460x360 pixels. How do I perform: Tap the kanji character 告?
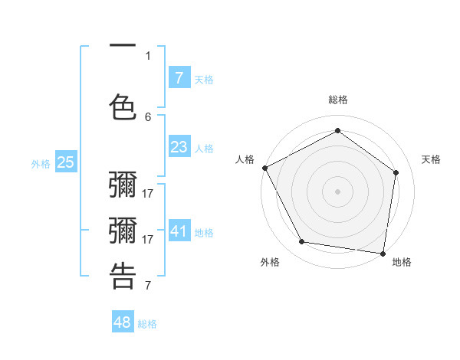[123, 275]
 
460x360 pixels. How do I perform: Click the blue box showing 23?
[179, 146]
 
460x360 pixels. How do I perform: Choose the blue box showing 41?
[179, 231]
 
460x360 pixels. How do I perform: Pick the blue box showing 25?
[65, 162]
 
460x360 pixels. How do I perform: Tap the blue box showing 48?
[123, 322]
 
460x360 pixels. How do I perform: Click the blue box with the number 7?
[179, 77]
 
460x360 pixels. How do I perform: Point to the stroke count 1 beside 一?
[148, 55]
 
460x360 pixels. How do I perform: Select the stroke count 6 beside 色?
[148, 116]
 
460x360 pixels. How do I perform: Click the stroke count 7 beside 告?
[148, 286]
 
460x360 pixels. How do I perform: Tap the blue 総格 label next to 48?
[147, 324]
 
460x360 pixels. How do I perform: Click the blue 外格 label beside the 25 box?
[41, 163]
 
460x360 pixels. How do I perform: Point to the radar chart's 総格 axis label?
[337, 100]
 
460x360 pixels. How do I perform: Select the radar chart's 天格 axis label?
[431, 159]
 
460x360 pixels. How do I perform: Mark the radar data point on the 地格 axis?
[383, 253]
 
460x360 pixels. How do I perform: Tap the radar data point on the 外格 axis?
[302, 242]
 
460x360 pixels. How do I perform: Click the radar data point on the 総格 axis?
[337, 131]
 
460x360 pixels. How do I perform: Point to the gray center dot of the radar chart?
[337, 191]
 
